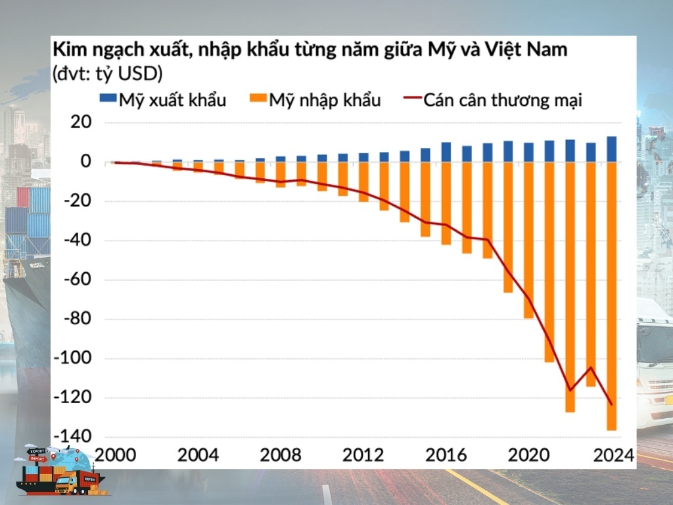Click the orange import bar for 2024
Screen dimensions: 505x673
[611, 296]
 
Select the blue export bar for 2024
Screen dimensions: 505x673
[611, 149]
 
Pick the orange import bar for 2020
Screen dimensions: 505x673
[528, 240]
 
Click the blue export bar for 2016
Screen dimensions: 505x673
[446, 153]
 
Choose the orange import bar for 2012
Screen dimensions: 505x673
[363, 181]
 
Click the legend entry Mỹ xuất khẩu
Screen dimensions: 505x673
[163, 100]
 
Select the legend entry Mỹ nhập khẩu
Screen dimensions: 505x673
[315, 100]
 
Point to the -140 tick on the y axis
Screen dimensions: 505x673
[74, 437]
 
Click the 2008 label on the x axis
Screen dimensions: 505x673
[281, 456]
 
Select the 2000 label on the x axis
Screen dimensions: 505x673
[116, 456]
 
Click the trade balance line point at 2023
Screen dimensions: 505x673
[591, 368]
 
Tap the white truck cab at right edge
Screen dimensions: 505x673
[654, 368]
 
